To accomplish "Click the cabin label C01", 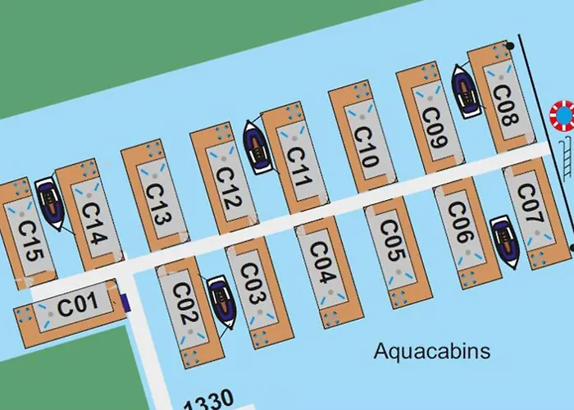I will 78,306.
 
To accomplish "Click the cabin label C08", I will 503,106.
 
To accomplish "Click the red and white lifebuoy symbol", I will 563,116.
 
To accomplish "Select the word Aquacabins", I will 431,352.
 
